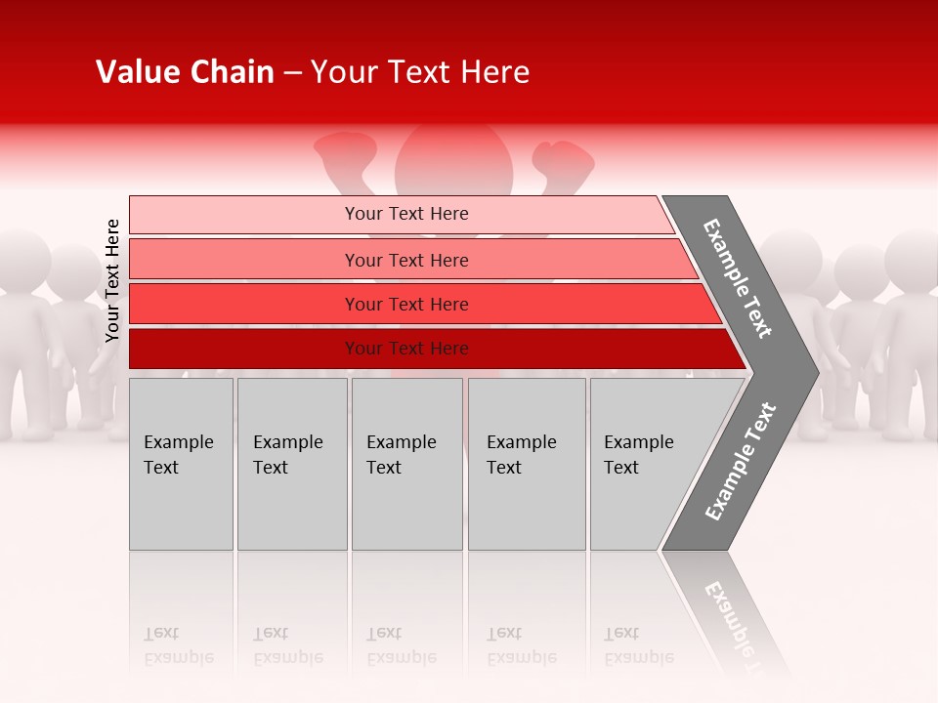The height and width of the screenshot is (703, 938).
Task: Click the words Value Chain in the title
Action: [x=185, y=72]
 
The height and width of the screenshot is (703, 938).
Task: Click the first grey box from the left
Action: [x=181, y=464]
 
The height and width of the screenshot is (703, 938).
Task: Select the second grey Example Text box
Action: [x=291, y=464]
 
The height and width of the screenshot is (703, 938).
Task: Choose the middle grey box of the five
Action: [x=406, y=464]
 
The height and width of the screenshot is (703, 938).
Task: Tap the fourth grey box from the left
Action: [x=526, y=464]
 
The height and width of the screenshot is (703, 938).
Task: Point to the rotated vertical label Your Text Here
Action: [x=112, y=280]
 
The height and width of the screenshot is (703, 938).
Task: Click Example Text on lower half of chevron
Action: [x=741, y=461]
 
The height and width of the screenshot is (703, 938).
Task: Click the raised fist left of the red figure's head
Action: [x=344, y=154]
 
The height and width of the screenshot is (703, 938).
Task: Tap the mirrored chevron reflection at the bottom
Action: [x=728, y=610]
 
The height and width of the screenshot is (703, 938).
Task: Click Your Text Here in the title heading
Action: [x=420, y=72]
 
